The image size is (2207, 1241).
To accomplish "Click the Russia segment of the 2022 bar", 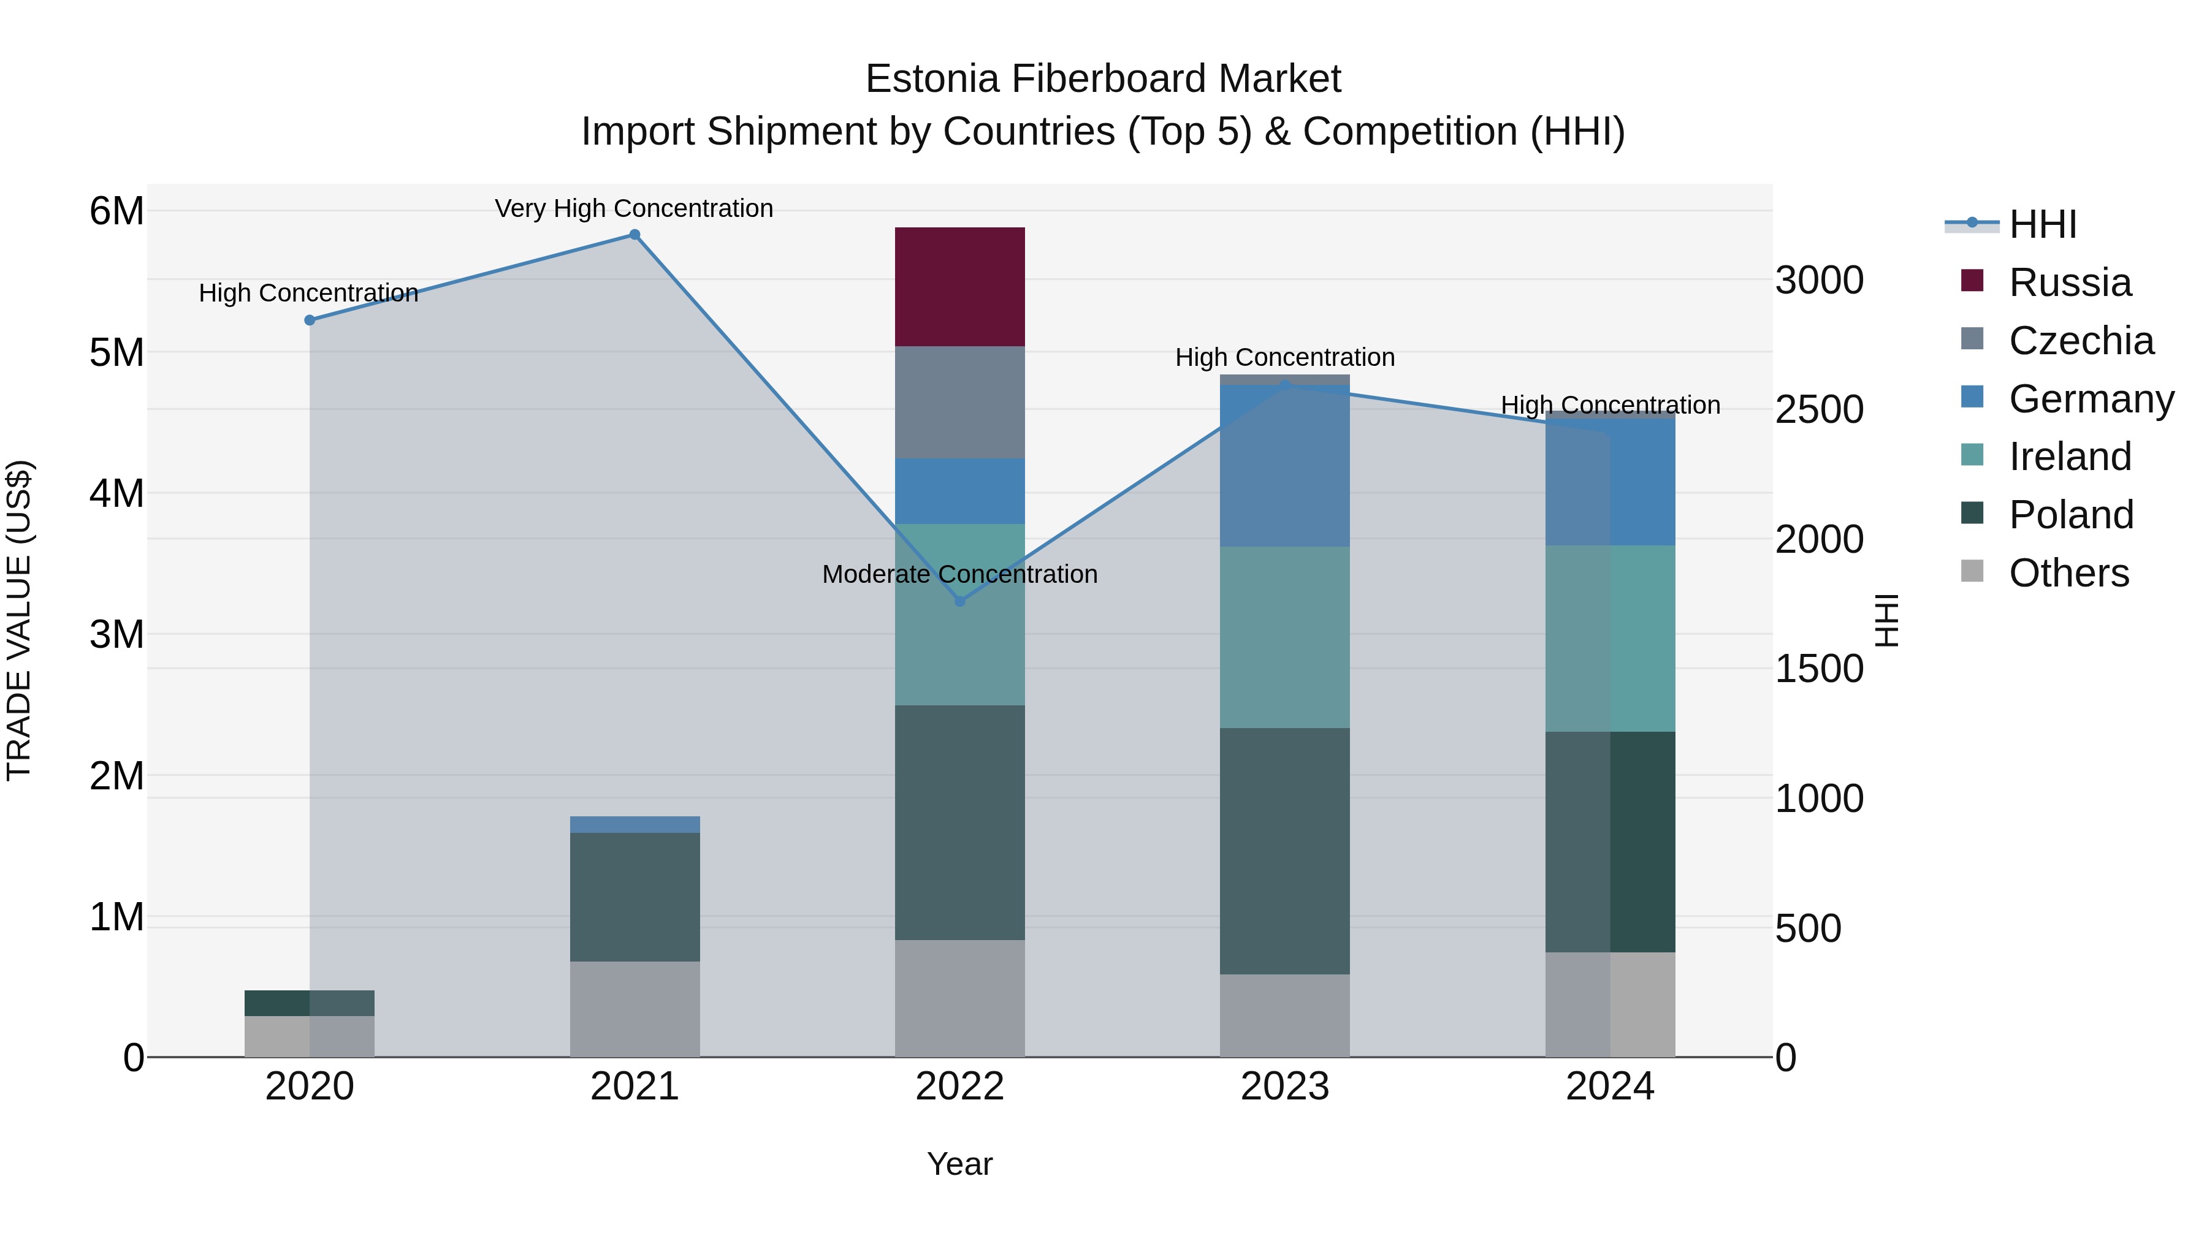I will [959, 287].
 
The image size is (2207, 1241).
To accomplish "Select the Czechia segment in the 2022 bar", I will [959, 403].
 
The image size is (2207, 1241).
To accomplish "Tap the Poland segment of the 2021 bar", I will [635, 897].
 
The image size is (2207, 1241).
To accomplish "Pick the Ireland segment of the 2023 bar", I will [1284, 637].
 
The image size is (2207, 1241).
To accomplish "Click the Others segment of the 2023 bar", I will [1284, 1015].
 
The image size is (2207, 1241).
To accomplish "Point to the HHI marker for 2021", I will [635, 235].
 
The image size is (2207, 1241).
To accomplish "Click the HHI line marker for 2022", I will [959, 601].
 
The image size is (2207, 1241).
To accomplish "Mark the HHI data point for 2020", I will [310, 321].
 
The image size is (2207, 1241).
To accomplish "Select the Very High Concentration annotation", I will [634, 209].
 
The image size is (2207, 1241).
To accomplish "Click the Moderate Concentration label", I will [959, 574].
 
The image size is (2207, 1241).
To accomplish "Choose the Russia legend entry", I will [2070, 283].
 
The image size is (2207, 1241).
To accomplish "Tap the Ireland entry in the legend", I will [2070, 457].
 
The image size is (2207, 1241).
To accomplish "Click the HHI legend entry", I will [2043, 224].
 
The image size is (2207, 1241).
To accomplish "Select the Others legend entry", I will [2068, 573].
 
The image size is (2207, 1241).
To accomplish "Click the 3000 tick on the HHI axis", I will [1819, 280].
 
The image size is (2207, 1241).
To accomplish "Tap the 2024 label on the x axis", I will [1610, 1087].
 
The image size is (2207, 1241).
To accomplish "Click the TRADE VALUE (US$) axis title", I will [19, 620].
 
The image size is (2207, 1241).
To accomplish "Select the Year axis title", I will [959, 1164].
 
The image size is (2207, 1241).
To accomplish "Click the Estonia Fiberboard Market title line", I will [1103, 79].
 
